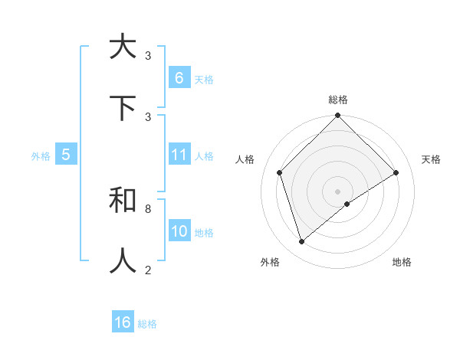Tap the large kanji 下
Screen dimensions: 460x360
(123, 108)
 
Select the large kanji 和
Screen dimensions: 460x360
(123, 201)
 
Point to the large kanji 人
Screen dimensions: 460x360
(123, 261)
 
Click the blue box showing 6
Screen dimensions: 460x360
(179, 78)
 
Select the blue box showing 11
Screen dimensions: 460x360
(179, 155)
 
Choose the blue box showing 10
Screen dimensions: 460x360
(179, 231)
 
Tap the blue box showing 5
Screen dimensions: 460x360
(66, 155)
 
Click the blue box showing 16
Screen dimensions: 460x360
(123, 322)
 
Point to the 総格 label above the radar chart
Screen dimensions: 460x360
(338, 100)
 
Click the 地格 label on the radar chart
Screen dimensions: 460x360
(402, 262)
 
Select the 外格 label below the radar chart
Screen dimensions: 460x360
(270, 262)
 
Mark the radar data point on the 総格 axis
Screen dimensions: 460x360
(338, 116)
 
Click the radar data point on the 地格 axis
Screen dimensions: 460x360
(347, 204)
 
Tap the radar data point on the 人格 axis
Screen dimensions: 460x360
(280, 172)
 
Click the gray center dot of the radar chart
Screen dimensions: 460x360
(338, 191)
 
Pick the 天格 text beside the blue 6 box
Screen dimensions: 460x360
(204, 79)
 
